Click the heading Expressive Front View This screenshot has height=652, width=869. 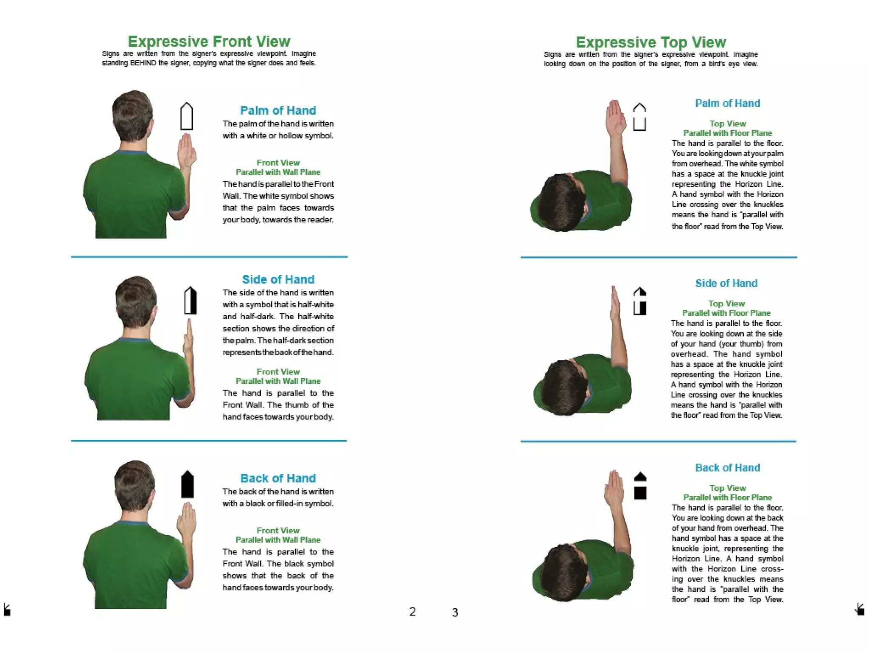pyautogui.click(x=209, y=41)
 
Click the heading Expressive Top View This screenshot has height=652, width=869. pyautogui.click(x=650, y=42)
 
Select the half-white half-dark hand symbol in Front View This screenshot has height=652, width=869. pyautogui.click(x=190, y=301)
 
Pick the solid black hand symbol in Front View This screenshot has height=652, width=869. pyautogui.click(x=187, y=484)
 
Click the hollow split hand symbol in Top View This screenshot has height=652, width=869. pyautogui.click(x=639, y=117)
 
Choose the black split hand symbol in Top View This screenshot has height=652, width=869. pyautogui.click(x=640, y=486)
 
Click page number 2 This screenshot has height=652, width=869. pyautogui.click(x=412, y=612)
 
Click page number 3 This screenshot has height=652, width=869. pyautogui.click(x=455, y=613)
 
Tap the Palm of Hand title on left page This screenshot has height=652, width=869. pyautogui.click(x=278, y=110)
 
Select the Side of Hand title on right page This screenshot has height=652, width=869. pyautogui.click(x=726, y=283)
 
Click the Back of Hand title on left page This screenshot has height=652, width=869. pyautogui.click(x=278, y=478)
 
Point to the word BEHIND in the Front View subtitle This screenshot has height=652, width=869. pyautogui.click(x=143, y=63)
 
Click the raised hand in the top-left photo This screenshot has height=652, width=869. pyautogui.click(x=186, y=151)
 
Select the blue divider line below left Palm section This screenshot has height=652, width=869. pyautogui.click(x=209, y=257)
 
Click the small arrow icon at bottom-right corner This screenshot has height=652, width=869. pyautogui.click(x=860, y=609)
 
